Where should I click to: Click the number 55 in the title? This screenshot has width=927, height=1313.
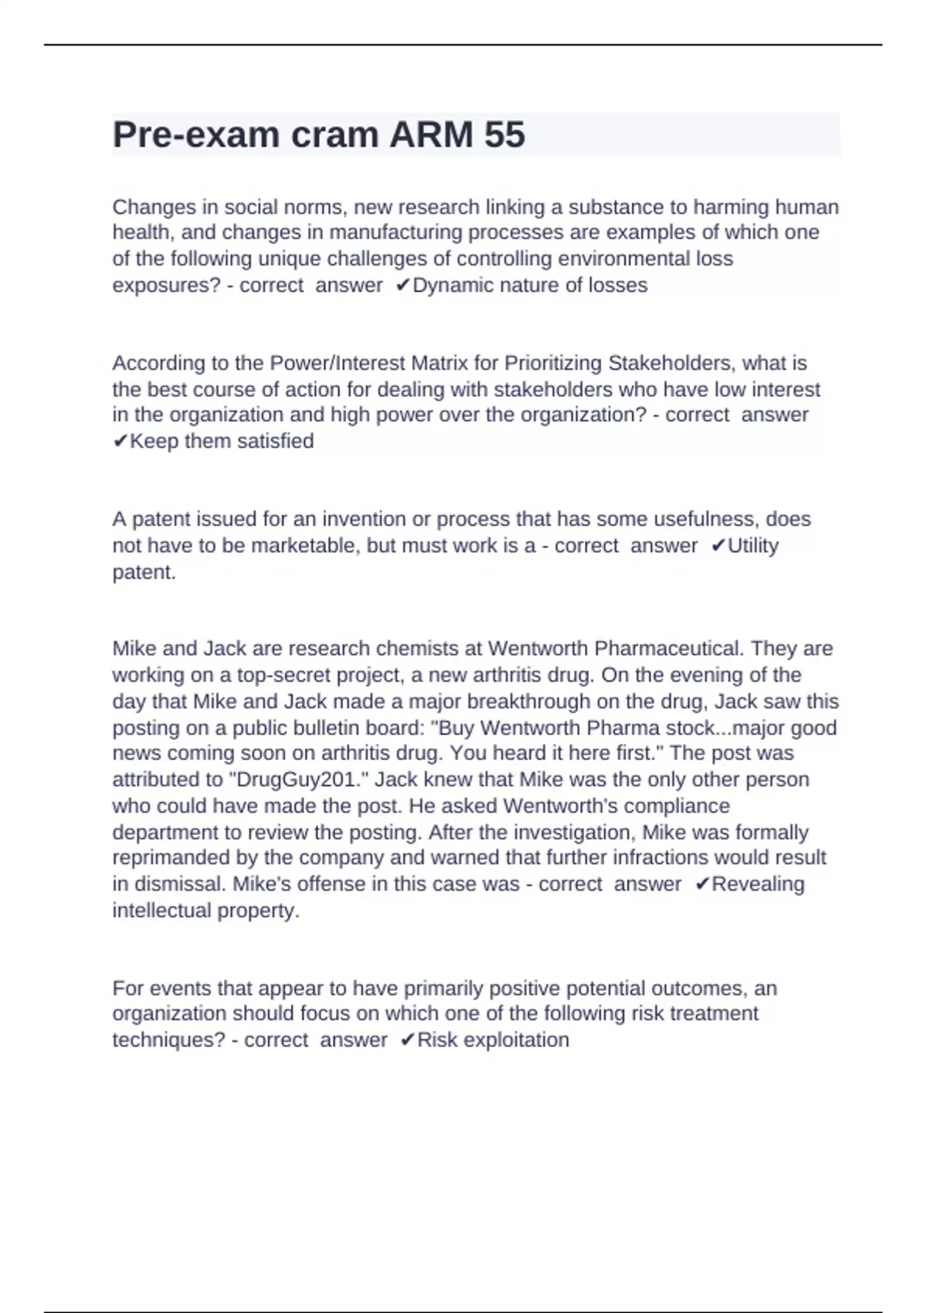tap(504, 134)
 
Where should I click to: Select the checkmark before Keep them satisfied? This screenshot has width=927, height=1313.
tap(120, 441)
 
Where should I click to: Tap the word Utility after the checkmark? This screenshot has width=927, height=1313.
tap(753, 545)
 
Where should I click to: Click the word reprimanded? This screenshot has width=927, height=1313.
tap(171, 857)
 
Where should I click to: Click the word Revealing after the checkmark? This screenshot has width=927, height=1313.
tap(758, 884)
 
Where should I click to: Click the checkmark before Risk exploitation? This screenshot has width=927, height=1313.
tap(408, 1040)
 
